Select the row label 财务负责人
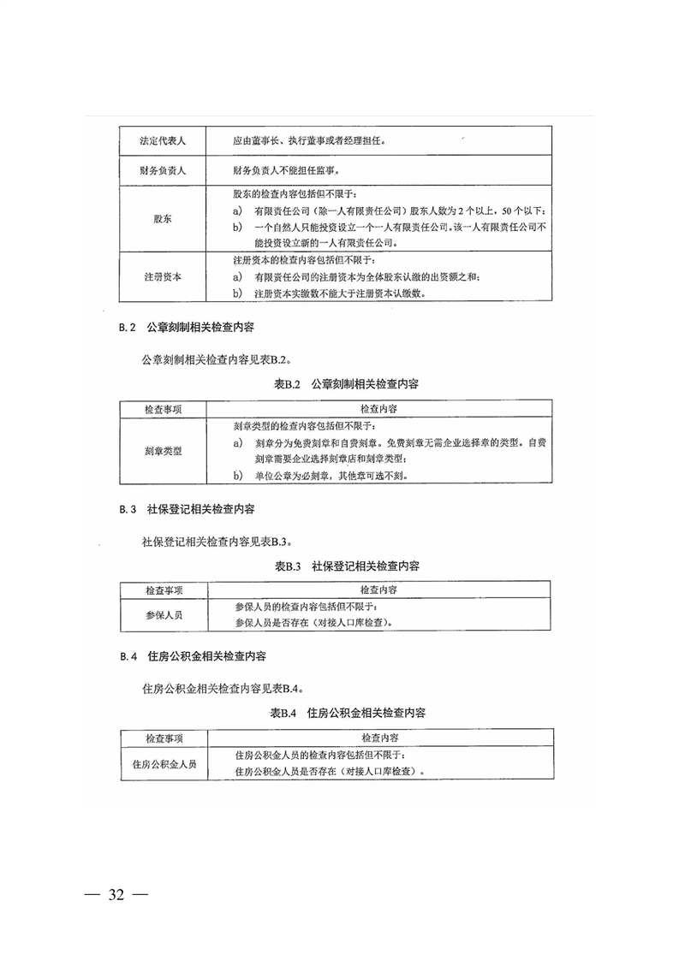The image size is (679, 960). (x=163, y=171)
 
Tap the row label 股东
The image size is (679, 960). (x=163, y=219)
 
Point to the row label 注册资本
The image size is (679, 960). (x=163, y=278)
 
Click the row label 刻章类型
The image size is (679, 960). (x=163, y=450)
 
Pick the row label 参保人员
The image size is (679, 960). (x=163, y=614)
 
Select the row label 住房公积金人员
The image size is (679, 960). (x=163, y=764)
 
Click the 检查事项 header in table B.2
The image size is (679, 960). (x=163, y=410)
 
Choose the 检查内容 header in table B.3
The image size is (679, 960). (x=378, y=590)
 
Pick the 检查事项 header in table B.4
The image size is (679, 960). (x=163, y=738)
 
